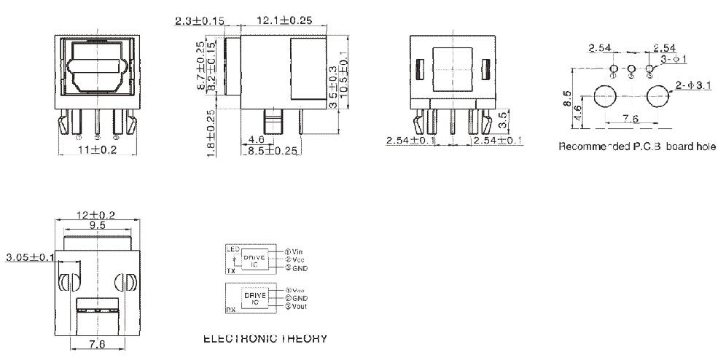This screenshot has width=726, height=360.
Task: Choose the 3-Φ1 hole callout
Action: point(676,56)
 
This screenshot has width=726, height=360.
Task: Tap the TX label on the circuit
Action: point(230,270)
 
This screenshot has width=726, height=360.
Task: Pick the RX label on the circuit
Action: point(230,309)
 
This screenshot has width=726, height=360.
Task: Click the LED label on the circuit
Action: point(234,249)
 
